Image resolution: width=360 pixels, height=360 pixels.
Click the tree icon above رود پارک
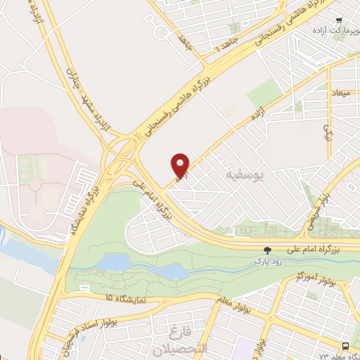click(266, 250)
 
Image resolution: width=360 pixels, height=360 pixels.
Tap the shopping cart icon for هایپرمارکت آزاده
click(339, 20)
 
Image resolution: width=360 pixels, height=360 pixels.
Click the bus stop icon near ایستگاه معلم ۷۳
click(345, 346)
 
